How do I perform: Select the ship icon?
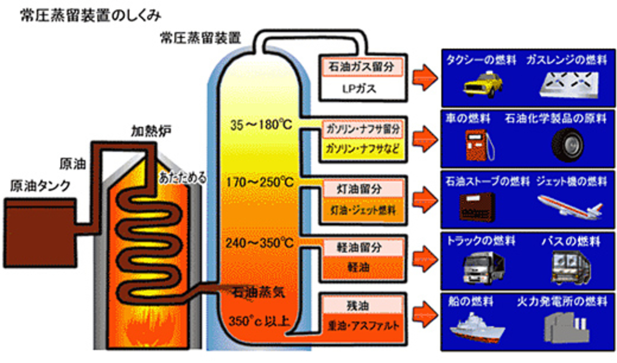(475, 327)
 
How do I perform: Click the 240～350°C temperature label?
(260, 243)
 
